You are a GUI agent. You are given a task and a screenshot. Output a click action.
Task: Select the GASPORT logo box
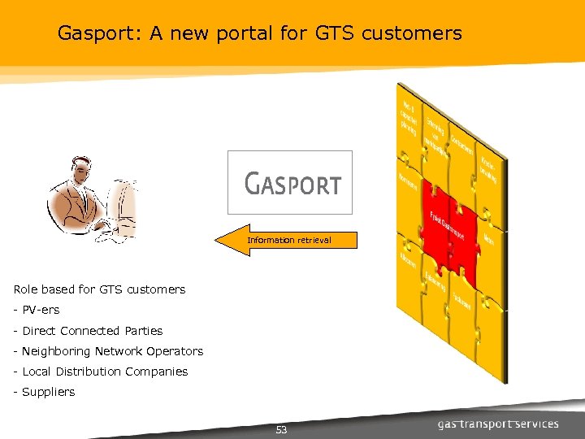pos(290,182)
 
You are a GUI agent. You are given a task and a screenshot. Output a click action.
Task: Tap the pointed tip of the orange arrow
pos(218,241)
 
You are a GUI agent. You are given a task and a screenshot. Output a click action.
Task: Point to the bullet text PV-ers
pos(41,310)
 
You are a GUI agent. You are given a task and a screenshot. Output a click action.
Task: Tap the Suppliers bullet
pos(48,392)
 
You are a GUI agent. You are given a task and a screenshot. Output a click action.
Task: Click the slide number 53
pos(281,429)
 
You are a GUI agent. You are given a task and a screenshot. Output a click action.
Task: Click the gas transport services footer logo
pos(498,424)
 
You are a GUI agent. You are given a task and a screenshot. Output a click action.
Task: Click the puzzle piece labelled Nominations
pos(409,183)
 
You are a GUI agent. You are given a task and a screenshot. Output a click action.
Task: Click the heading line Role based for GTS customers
pos(99,289)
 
